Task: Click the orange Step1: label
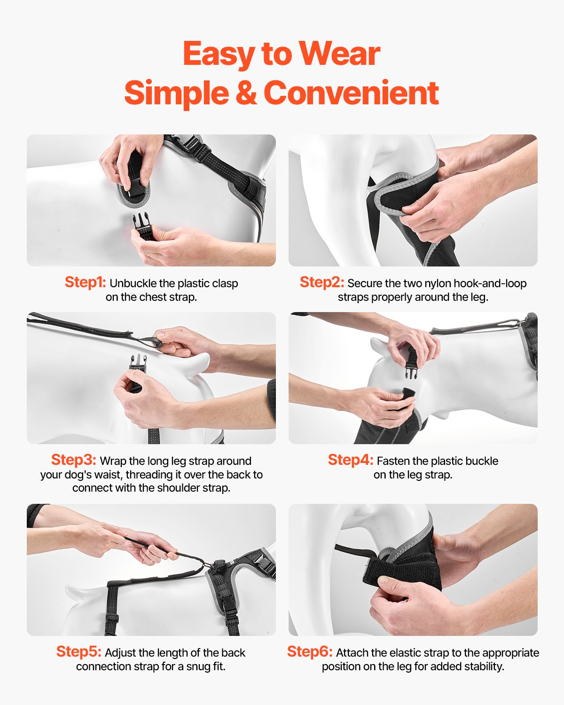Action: [x=85, y=282]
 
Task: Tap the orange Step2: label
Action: [x=322, y=282]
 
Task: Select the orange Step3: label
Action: [x=73, y=460]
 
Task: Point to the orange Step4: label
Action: [x=351, y=460]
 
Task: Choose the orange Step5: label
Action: [x=78, y=651]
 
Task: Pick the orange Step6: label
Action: [x=310, y=651]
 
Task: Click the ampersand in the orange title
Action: [x=246, y=93]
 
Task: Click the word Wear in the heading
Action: [x=339, y=54]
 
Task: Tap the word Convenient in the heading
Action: [x=351, y=93]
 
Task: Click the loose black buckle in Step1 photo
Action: [x=143, y=226]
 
